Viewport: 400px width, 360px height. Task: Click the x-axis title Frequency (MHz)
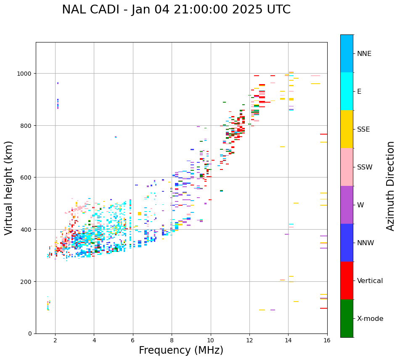coord(181,350)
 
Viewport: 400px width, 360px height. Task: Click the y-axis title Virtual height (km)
coord(9,188)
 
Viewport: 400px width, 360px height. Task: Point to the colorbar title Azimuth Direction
coord(391,186)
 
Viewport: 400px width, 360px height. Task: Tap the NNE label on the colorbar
coord(364,54)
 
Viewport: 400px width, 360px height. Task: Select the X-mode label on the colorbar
coord(370,319)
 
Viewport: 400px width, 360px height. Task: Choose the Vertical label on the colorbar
coord(370,281)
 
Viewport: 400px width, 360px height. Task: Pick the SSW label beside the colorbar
coord(365,167)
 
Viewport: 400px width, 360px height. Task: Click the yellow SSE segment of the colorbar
coord(347,129)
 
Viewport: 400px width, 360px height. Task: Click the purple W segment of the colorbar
coord(347,205)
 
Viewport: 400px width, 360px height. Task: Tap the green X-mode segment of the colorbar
coord(347,318)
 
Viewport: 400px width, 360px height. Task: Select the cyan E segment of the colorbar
coord(347,91)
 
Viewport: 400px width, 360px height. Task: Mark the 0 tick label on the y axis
coord(30,334)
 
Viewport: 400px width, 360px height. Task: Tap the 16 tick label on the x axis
coord(327,341)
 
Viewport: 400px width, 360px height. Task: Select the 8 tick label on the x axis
coord(172,341)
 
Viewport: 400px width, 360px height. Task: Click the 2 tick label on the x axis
coord(55,341)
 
